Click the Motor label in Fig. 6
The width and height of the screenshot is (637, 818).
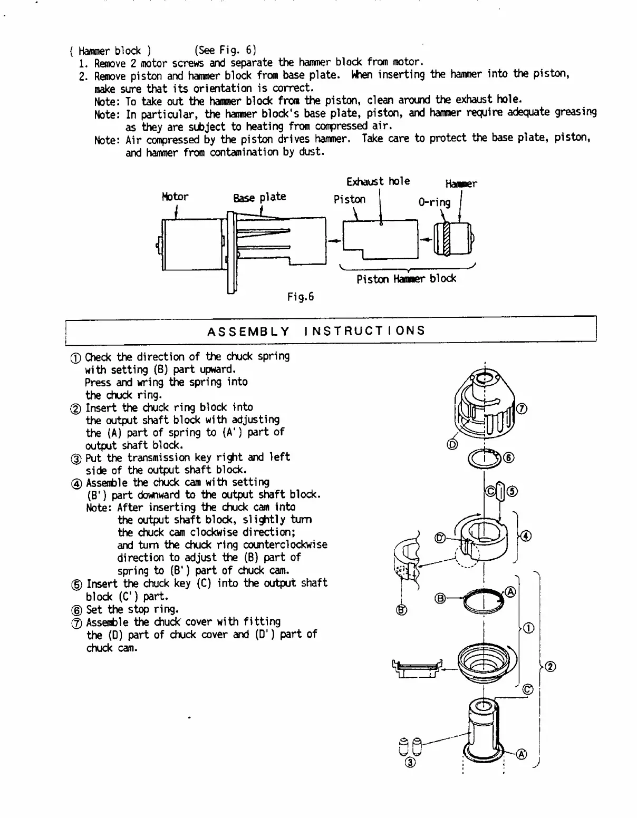[175, 197]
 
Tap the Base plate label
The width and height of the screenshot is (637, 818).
[259, 197]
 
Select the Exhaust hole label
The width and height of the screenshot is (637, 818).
[378, 181]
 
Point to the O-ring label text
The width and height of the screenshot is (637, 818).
[434, 202]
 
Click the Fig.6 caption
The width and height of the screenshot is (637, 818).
[300, 297]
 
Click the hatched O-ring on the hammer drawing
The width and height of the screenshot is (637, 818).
[447, 239]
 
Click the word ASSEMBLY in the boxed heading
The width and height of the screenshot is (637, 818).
[248, 332]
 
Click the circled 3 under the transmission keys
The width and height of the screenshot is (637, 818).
[410, 762]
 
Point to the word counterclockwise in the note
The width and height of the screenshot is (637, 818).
[285, 545]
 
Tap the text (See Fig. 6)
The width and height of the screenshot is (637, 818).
[225, 51]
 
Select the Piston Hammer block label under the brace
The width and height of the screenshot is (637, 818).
[406, 279]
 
